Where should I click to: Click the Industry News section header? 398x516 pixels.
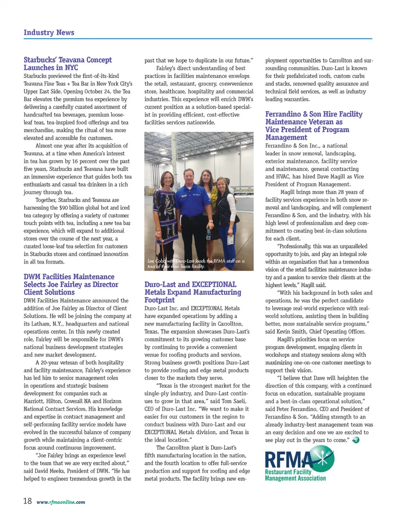point(49,33)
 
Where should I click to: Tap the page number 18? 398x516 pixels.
point(27,501)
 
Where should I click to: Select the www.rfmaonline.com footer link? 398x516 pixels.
point(61,502)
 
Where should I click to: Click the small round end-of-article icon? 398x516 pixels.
point(355,440)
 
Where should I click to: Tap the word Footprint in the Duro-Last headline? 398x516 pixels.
point(159,300)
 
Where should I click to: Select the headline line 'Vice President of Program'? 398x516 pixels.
point(307,130)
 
